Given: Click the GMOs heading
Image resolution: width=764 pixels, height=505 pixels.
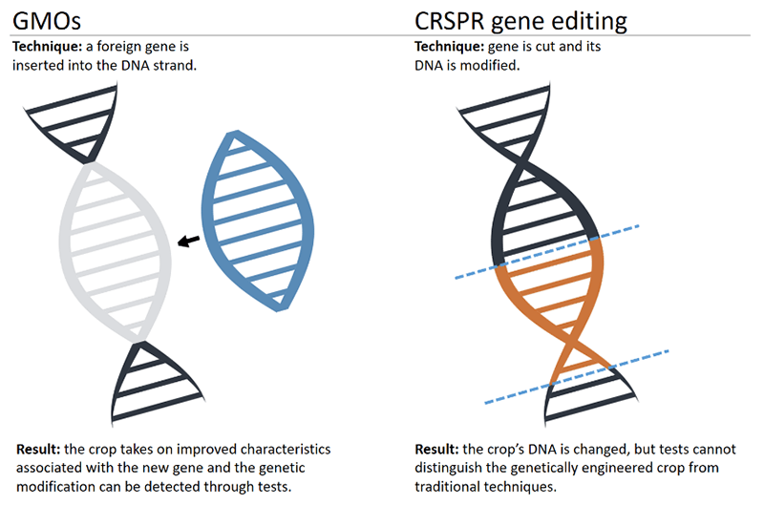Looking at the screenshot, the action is click(47, 21).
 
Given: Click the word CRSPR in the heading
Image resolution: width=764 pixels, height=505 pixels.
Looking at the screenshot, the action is click(450, 21).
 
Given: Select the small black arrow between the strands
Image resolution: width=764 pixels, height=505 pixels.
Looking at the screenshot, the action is click(188, 241).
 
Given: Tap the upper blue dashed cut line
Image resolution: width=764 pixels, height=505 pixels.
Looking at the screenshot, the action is click(547, 252).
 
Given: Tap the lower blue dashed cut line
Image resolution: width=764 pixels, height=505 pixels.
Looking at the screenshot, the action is click(577, 377).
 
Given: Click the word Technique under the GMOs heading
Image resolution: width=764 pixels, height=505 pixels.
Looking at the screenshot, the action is click(47, 47).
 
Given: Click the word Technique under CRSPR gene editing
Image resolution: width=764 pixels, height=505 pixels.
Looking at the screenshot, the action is click(449, 47).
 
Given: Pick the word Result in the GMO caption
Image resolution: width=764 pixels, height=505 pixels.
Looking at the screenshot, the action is click(38, 449).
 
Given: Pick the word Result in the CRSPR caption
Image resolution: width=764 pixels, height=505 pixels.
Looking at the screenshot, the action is click(436, 449).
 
